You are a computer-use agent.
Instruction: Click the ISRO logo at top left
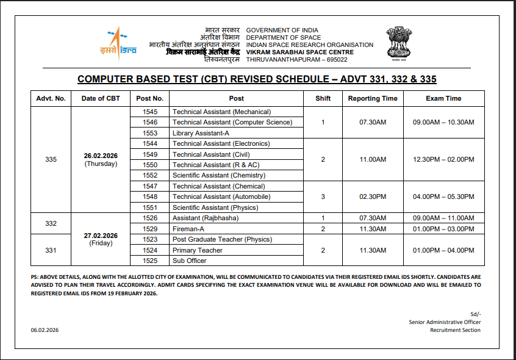(118, 43)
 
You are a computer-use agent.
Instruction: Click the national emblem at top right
(399, 43)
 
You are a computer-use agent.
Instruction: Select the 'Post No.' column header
(149, 98)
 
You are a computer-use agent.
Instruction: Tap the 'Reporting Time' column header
(372, 98)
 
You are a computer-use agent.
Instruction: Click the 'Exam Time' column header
(443, 98)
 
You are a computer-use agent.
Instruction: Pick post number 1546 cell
(149, 122)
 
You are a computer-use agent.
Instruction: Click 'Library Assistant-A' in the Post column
(201, 133)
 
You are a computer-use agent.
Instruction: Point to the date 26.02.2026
(101, 156)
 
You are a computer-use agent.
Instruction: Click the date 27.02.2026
(101, 236)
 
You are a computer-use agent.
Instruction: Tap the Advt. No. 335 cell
(51, 160)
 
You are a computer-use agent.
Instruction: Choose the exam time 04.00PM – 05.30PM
(443, 197)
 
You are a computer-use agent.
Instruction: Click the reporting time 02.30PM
(372, 197)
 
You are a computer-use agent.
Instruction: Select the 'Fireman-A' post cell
(188, 229)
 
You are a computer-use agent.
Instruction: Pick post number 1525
(149, 261)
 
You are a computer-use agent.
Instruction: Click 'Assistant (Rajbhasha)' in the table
(206, 218)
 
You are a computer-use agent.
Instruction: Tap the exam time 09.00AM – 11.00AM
(443, 218)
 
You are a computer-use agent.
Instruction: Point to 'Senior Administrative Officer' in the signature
(445, 322)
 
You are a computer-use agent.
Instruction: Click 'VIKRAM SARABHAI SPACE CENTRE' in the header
(299, 52)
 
